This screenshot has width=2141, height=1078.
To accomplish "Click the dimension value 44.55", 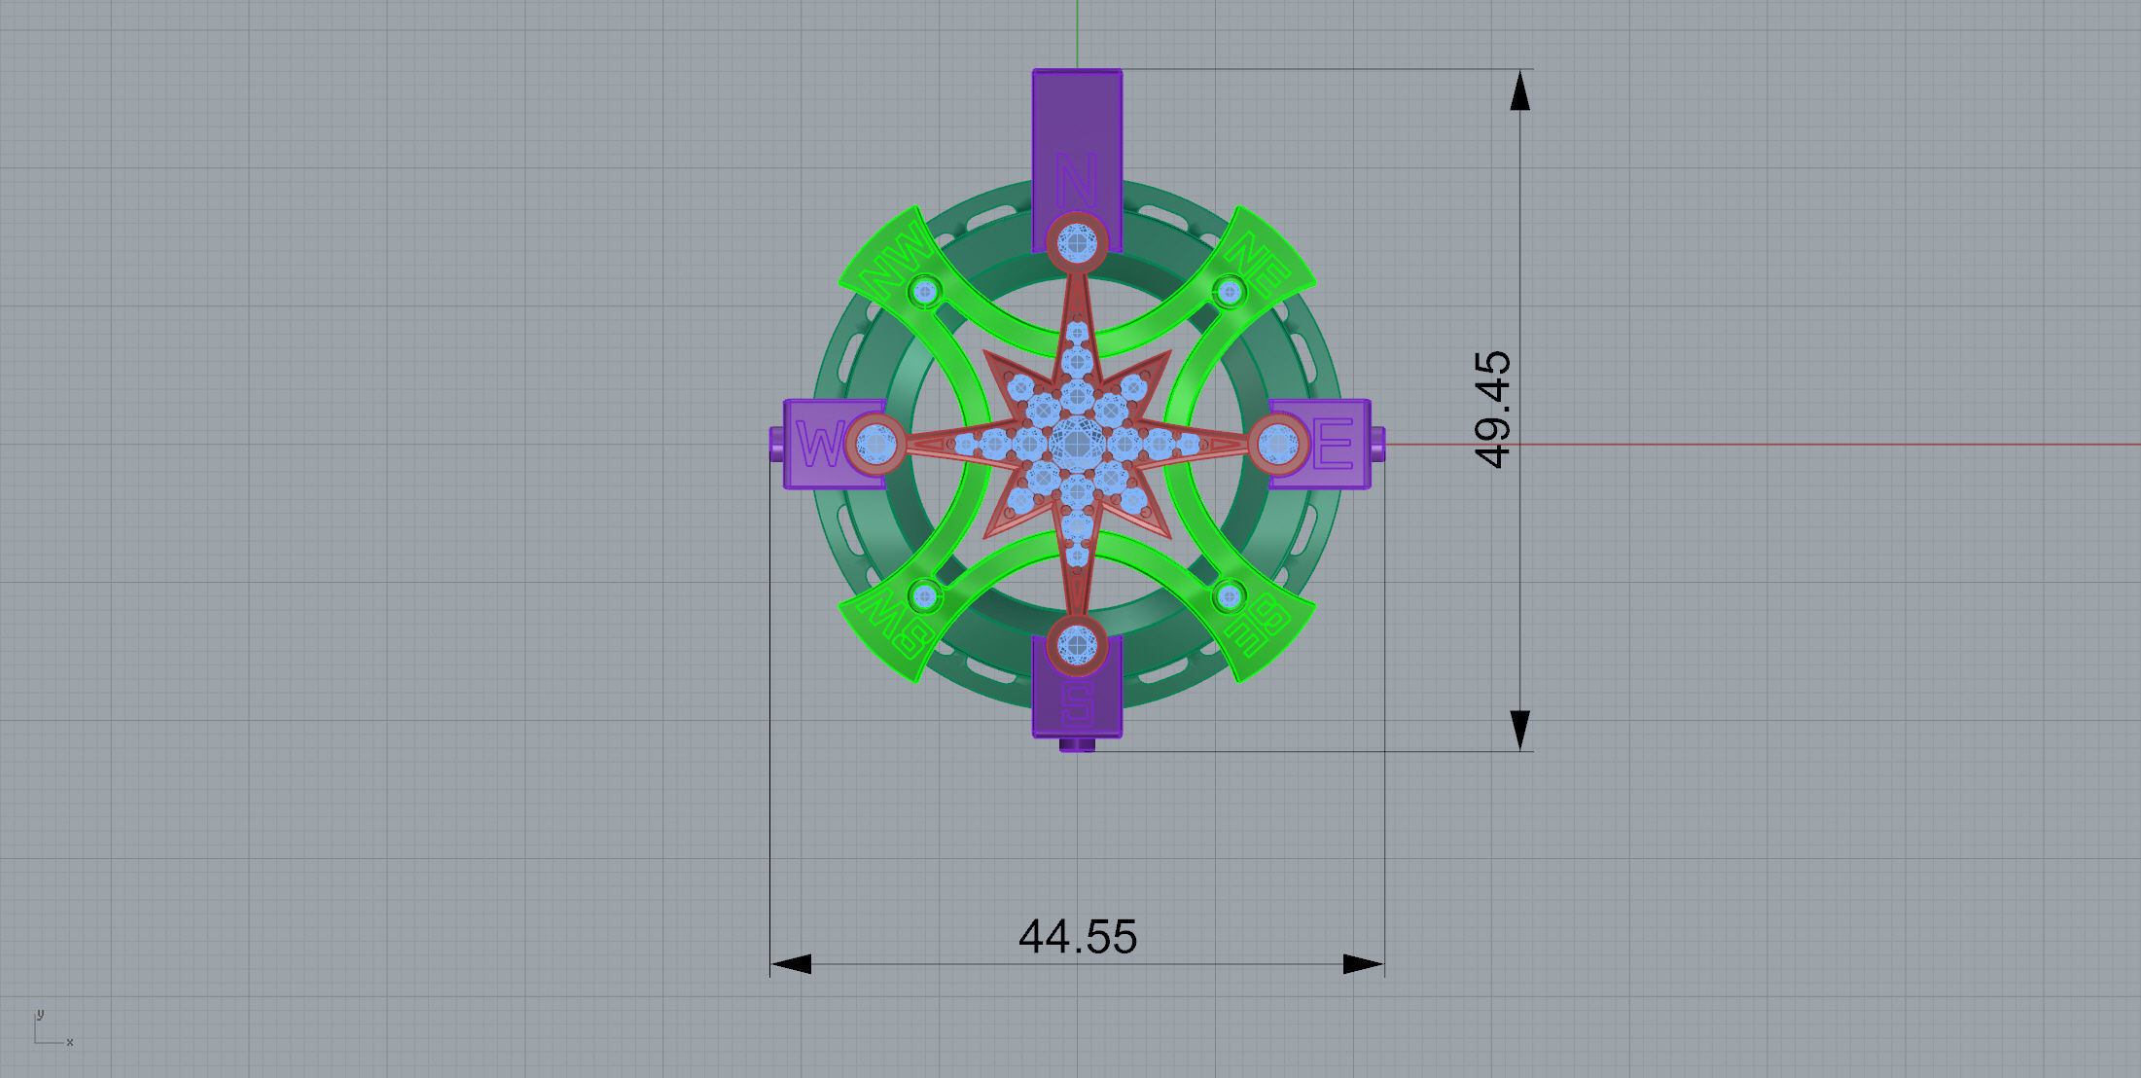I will click(1078, 937).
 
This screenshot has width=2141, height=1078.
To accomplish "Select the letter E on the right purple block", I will click(1334, 444).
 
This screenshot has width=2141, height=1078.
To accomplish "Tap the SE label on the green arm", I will click(1262, 626).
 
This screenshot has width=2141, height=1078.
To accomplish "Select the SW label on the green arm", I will click(894, 627).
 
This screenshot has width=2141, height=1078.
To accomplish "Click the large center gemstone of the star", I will click(1077, 445).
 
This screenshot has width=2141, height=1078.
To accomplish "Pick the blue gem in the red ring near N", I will click(1077, 240).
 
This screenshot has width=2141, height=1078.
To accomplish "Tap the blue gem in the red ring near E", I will click(1278, 445).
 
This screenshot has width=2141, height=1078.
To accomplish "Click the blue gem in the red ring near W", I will click(876, 445).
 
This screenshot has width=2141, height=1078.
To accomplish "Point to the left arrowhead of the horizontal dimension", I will click(790, 964).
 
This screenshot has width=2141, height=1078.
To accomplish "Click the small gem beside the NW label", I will click(925, 290).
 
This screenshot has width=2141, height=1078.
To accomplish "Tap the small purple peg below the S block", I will click(1077, 745).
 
